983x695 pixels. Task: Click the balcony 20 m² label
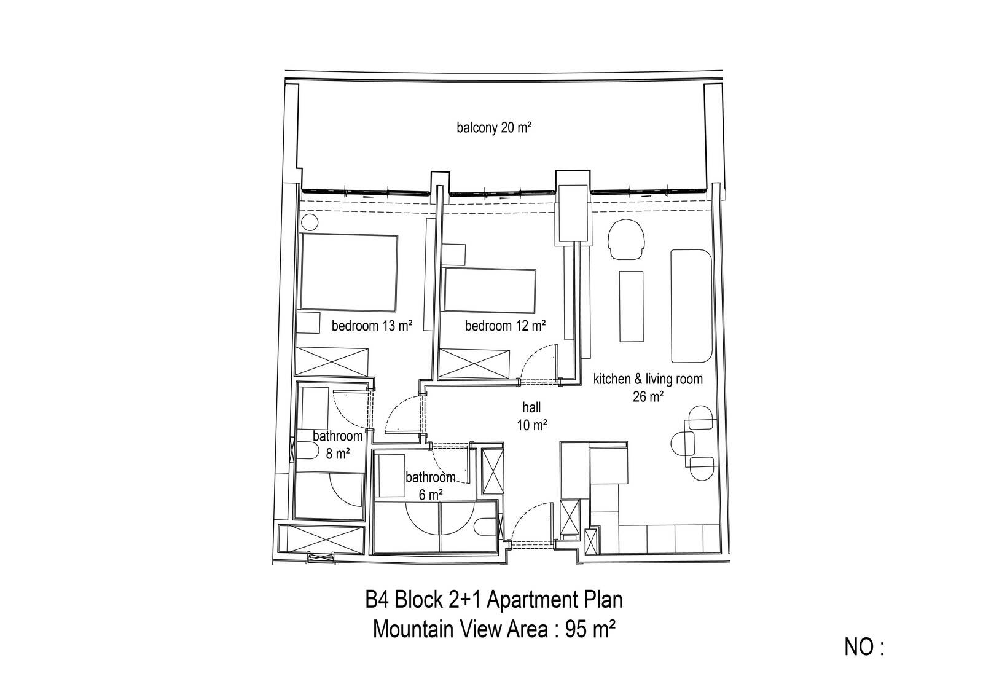tap(494, 128)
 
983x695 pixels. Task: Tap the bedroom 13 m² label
tap(372, 326)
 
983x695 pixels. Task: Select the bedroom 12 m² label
tap(505, 326)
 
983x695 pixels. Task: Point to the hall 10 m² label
tap(531, 416)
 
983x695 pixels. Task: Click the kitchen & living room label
tap(648, 379)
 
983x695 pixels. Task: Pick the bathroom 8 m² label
tap(337, 445)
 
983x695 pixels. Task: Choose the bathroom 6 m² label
tap(430, 486)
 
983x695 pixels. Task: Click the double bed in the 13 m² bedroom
tap(349, 273)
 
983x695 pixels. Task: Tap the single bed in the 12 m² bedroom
tap(489, 291)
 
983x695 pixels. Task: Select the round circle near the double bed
tap(310, 222)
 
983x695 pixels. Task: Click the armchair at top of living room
tap(626, 240)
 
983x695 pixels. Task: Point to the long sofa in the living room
tap(691, 306)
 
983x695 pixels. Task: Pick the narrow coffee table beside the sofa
tap(632, 306)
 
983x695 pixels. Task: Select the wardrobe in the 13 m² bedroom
tap(331, 362)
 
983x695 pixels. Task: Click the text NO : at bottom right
tap(864, 648)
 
